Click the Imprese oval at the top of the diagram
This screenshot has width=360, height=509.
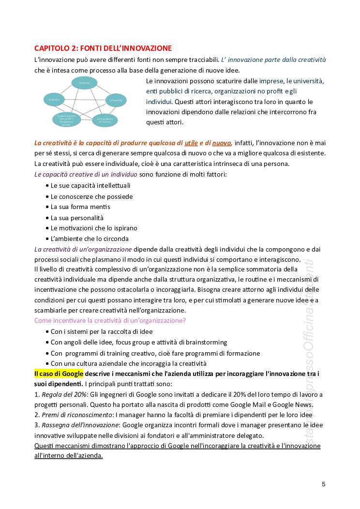coord(85,83)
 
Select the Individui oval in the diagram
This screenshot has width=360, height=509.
coord(54,100)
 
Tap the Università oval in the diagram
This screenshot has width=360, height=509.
coord(116,100)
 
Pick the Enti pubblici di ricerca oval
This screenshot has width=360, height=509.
coord(105,120)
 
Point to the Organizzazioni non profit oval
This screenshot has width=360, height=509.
coord(67,120)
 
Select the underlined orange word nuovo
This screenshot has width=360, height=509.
coord(222,143)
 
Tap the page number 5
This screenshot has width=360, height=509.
coord(323,484)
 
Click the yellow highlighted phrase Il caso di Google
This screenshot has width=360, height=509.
coord(59,374)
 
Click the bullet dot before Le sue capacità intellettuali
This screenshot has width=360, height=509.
coord(47,186)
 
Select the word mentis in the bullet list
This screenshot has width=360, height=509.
coord(100,207)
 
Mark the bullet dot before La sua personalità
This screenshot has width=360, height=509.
coord(47,218)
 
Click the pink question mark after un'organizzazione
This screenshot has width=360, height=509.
coord(184,320)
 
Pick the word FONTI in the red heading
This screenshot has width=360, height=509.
coord(90,48)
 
